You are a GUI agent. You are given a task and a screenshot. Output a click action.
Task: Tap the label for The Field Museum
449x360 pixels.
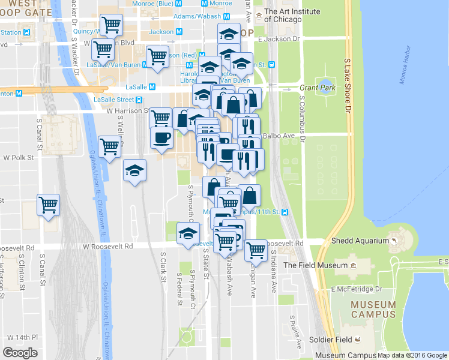coord(315,265)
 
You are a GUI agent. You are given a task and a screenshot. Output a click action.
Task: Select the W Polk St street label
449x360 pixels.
coord(17,158)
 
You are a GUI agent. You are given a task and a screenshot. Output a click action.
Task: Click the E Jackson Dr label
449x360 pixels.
coord(278,39)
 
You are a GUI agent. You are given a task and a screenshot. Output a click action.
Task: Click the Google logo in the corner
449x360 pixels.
coord(20,353)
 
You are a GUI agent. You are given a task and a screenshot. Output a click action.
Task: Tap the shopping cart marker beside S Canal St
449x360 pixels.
coord(48,204)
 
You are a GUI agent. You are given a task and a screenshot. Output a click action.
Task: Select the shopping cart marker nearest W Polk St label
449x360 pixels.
coord(110,146)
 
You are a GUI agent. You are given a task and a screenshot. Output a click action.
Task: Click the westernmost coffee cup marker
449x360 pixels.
coord(161,137)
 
